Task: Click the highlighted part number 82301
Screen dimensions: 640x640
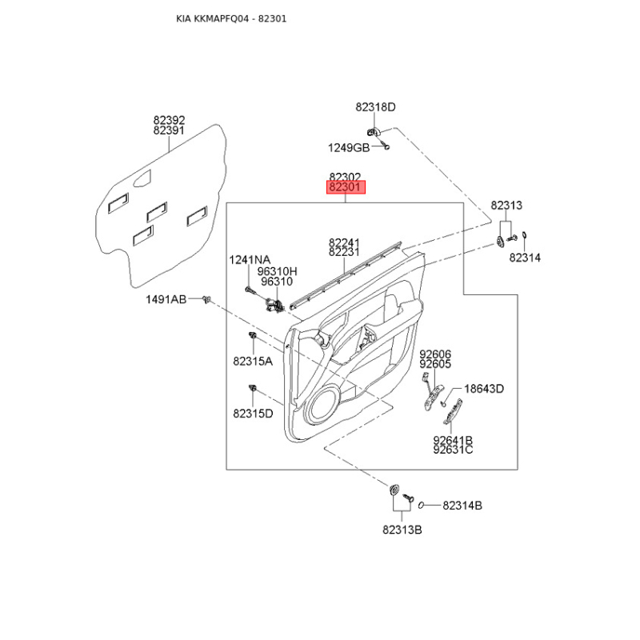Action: click(345, 188)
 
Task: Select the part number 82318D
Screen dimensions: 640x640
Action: click(376, 107)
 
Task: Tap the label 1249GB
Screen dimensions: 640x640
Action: click(348, 147)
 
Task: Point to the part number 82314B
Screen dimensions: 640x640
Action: click(462, 506)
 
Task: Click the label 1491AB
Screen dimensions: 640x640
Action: click(166, 299)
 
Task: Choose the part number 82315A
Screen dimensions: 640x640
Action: click(253, 362)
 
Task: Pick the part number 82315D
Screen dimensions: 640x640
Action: click(253, 414)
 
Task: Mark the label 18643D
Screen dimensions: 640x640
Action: click(485, 389)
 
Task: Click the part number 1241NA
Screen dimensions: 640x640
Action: click(250, 260)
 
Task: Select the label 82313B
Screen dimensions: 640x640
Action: click(402, 530)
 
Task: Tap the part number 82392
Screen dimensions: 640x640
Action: click(169, 120)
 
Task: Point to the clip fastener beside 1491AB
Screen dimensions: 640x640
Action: click(207, 300)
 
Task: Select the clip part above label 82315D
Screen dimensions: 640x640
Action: click(253, 389)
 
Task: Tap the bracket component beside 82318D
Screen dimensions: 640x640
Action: click(372, 131)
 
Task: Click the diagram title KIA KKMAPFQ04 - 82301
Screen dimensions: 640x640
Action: click(231, 18)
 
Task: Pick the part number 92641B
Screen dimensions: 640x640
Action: click(453, 440)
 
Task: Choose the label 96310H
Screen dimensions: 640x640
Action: click(277, 271)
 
